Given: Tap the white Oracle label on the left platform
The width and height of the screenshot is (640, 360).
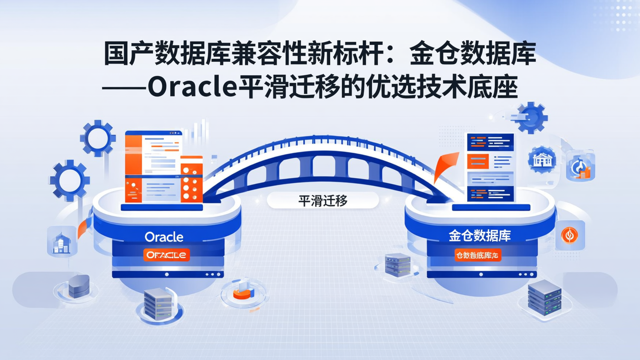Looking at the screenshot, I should (164, 237).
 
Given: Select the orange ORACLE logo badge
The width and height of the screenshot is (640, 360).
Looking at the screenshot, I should (167, 255).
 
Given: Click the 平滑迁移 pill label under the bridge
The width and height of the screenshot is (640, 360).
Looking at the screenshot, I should (323, 201).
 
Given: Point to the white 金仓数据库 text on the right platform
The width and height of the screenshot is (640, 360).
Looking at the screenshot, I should (480, 236).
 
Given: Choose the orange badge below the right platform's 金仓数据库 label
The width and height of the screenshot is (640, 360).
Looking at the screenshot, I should (477, 256).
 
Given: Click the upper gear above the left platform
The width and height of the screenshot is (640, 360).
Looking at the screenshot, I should (98, 138).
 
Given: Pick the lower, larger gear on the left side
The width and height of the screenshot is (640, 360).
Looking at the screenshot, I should (70, 180).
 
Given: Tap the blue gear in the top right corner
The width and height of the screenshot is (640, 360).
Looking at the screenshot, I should (532, 117).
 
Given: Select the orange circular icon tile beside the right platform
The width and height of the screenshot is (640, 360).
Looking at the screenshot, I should (570, 235).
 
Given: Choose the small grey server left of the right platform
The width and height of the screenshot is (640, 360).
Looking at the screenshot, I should (397, 264).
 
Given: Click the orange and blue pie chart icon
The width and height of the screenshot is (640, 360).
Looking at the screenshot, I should (243, 292).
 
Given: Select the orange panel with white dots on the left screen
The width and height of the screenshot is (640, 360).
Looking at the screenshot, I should (191, 180).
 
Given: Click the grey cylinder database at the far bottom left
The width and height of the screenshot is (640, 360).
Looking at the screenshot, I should (79, 286).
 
